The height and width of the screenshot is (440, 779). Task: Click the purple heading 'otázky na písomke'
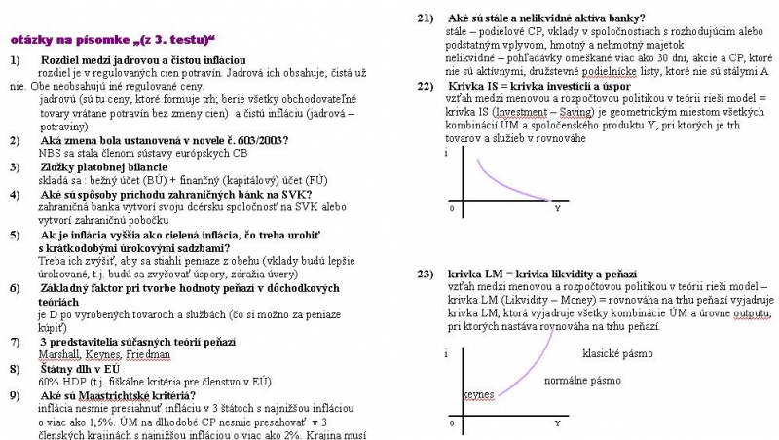tap(112, 41)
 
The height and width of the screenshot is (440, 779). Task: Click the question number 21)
tap(425, 18)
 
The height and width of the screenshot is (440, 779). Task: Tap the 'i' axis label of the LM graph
tap(446, 354)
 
